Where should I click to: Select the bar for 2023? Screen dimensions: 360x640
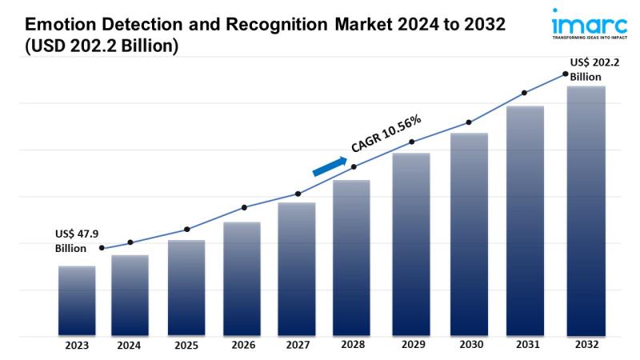click(x=77, y=300)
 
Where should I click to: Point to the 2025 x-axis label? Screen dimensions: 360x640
click(x=186, y=346)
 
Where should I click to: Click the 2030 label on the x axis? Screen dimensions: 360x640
click(x=469, y=346)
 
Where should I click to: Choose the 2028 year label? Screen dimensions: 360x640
click(x=352, y=346)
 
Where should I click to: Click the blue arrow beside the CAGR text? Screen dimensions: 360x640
click(x=330, y=166)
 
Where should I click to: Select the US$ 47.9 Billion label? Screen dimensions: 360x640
click(x=77, y=240)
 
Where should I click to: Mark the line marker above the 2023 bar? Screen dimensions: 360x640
click(x=102, y=248)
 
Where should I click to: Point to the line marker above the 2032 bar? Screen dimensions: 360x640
click(x=565, y=74)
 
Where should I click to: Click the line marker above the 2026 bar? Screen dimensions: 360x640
click(x=244, y=208)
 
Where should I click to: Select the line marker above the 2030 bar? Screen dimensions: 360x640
click(x=469, y=122)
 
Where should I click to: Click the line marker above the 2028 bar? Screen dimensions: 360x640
click(x=354, y=166)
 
